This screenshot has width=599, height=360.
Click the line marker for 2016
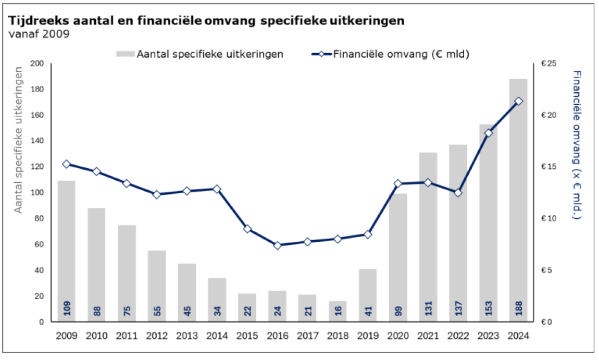(x=278, y=245)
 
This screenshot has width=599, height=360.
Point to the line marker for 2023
(x=489, y=133)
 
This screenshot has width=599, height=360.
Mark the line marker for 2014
(x=217, y=189)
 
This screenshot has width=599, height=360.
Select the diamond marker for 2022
(x=458, y=193)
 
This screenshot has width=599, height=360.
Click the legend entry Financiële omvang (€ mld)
(x=391, y=54)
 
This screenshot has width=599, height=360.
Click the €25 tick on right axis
(x=549, y=64)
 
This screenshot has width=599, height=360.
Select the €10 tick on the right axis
(x=549, y=218)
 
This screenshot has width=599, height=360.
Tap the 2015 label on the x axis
(x=247, y=336)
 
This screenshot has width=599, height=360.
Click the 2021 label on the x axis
(x=428, y=336)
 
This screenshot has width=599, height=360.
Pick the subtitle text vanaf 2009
(x=39, y=34)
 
